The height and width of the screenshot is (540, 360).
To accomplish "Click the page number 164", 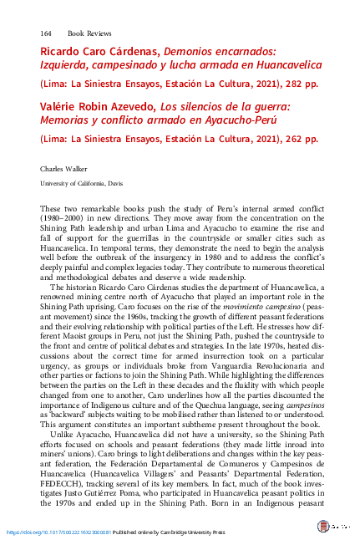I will click(x=47, y=33).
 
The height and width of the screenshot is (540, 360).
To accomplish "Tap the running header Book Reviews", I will click(x=87, y=33).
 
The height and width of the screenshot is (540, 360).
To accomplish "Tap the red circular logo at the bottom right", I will click(x=323, y=527).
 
